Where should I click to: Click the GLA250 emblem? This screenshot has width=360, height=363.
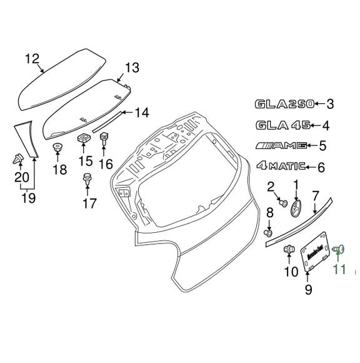click(x=282, y=104)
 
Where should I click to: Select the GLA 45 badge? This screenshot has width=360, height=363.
click(x=282, y=125)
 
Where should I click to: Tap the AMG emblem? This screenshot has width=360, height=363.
click(x=282, y=146)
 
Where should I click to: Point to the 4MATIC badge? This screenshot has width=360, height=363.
click(x=281, y=166)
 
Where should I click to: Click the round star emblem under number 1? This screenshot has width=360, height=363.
click(x=296, y=207)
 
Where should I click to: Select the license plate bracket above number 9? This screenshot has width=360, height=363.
click(x=315, y=252)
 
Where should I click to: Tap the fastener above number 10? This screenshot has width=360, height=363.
click(x=289, y=250)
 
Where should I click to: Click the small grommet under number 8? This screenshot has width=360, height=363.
click(x=270, y=233)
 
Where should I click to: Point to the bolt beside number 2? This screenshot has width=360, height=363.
click(x=282, y=203)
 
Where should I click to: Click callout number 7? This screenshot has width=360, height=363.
click(x=316, y=195)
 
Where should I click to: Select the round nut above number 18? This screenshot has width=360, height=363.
click(x=57, y=148)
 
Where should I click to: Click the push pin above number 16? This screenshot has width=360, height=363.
click(x=104, y=137)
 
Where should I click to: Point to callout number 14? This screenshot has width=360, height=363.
click(x=142, y=113)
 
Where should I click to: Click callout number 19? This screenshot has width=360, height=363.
click(x=27, y=198)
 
